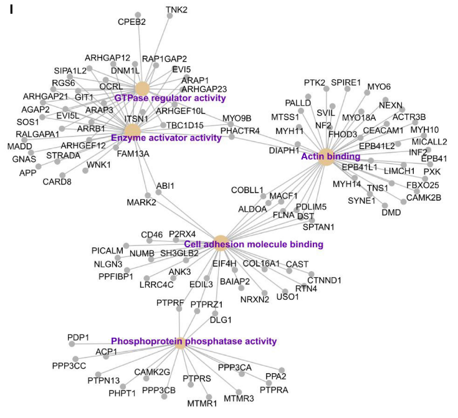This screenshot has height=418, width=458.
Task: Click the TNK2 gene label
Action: (176, 9)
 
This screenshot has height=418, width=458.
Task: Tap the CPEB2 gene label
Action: (132, 22)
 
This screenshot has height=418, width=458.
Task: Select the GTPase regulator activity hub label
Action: (170, 98)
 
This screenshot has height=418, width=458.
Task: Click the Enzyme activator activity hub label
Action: (166, 138)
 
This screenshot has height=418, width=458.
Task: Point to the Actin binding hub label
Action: (330, 156)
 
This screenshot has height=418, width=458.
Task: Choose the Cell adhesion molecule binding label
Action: (254, 244)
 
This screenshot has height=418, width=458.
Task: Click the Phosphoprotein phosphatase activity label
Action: (194, 341)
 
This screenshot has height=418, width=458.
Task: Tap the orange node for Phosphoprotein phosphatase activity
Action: (181, 342)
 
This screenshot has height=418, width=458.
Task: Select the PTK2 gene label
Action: (315, 82)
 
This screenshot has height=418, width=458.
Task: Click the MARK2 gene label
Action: (141, 202)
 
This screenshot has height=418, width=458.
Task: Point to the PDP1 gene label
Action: (79, 338)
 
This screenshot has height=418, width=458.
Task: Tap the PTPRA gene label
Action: (274, 390)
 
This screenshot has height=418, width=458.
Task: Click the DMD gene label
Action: (391, 212)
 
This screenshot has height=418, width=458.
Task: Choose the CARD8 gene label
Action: (57, 182)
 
